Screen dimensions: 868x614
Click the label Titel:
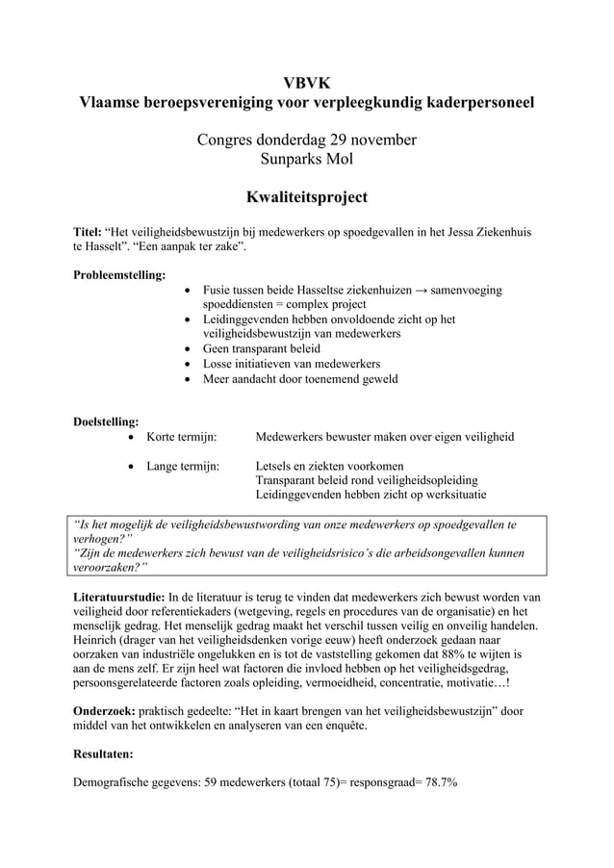click(88, 233)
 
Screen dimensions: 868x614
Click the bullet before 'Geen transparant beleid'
click(187, 348)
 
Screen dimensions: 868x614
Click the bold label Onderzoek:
click(105, 712)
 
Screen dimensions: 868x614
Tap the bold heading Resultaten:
click(106, 754)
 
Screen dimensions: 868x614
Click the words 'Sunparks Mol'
click(306, 159)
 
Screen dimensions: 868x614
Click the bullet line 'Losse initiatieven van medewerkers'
click(291, 364)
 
